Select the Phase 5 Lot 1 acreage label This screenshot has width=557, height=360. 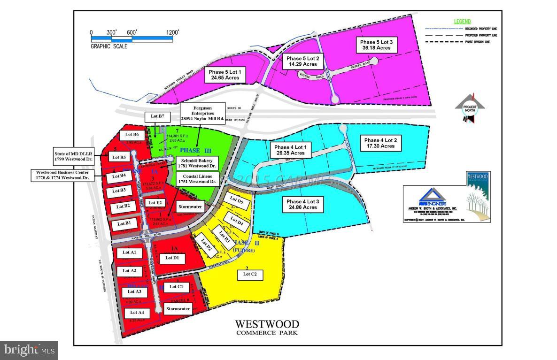[x=225, y=75]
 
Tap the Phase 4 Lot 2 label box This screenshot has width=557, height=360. [x=380, y=143]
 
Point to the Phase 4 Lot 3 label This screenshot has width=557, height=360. [x=303, y=204]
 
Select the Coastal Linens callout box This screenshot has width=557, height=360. [x=197, y=179]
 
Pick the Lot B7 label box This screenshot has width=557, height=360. [x=154, y=116]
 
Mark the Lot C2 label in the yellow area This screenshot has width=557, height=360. [x=250, y=275]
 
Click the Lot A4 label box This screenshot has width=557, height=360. [x=137, y=313]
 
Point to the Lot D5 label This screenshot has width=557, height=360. [x=237, y=201]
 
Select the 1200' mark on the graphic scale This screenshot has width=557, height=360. [x=172, y=32]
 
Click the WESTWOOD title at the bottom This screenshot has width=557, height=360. [x=266, y=324]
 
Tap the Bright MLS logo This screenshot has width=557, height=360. [x=29, y=350]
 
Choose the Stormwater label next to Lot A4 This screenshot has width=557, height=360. [x=178, y=309]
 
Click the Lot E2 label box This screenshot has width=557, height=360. [x=155, y=203]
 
